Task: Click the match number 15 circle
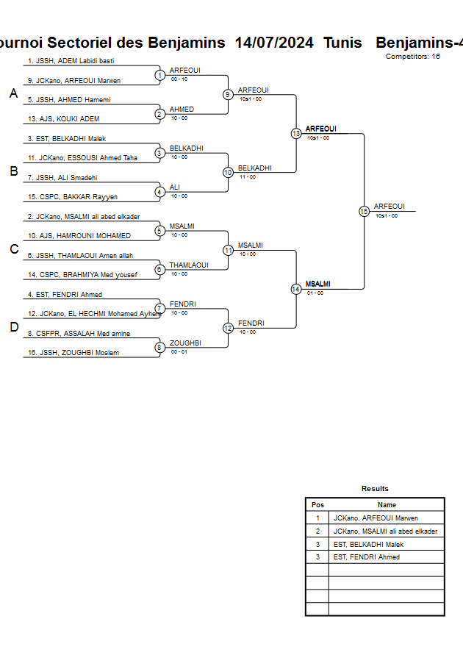[364, 211]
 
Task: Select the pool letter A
[13, 93]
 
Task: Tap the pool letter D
[13, 327]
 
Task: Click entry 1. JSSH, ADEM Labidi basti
[71, 61]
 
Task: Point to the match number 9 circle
[228, 94]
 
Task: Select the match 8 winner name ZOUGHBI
[185, 343]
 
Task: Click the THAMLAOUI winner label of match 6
[189, 265]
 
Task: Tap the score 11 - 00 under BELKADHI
[247, 176]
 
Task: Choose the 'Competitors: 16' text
[412, 57]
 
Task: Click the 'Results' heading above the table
[375, 489]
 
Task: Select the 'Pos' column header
[317, 505]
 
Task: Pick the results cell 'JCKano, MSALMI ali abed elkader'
[385, 531]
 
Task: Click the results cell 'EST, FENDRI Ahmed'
[367, 557]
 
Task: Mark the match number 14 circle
[296, 289]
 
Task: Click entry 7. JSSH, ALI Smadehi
[62, 178]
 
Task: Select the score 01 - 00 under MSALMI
[315, 293]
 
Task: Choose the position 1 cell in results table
[317, 518]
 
